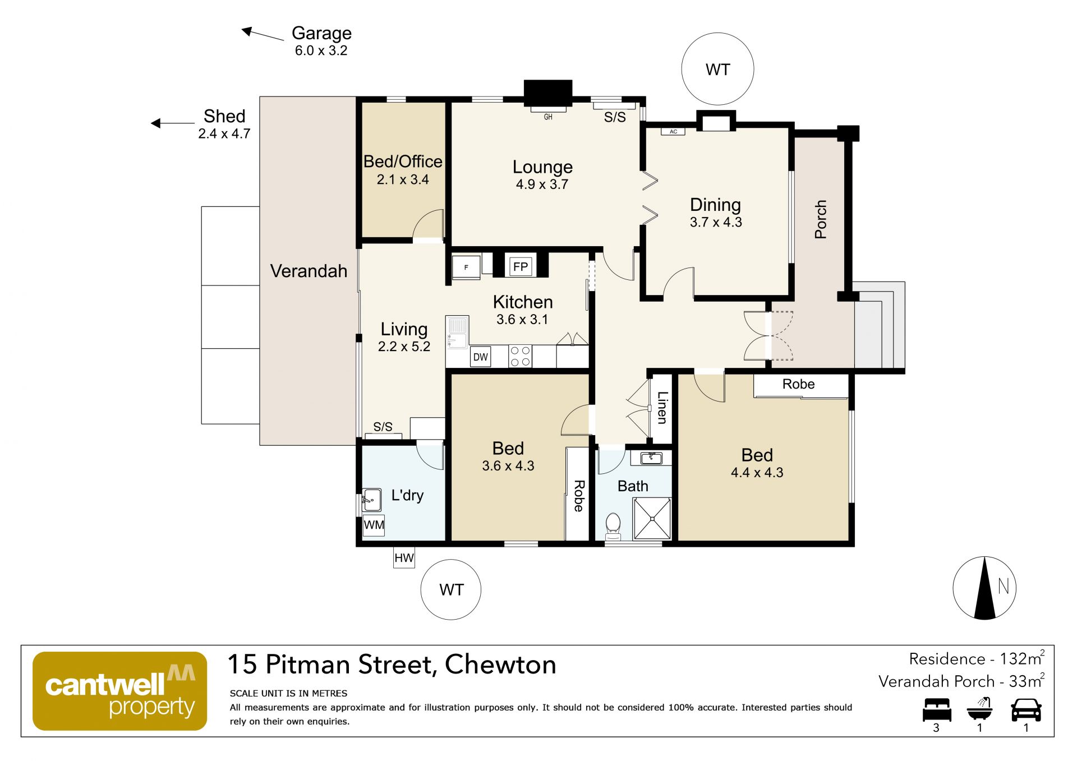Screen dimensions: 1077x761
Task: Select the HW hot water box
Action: [404, 558]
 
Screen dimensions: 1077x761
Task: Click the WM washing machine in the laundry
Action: [374, 525]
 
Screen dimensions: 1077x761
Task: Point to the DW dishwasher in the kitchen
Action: [480, 357]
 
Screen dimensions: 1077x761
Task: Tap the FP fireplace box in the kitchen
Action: [521, 266]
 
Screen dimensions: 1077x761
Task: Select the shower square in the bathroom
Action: [652, 518]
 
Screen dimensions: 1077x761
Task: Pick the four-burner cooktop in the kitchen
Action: [521, 356]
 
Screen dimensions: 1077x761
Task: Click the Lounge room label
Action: [542, 167]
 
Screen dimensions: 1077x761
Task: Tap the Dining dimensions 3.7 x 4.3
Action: [716, 222]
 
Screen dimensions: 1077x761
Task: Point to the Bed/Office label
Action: [403, 162]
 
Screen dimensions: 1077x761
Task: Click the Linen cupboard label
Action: [662, 408]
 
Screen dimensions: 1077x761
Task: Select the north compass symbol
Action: [984, 588]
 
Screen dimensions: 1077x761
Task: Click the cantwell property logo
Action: [120, 691]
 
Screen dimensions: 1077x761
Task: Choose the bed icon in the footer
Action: [937, 709]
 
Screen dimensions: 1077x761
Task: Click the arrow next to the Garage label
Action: [263, 34]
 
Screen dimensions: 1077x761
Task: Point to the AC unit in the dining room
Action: [673, 132]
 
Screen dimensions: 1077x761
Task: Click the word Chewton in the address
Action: [500, 665]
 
